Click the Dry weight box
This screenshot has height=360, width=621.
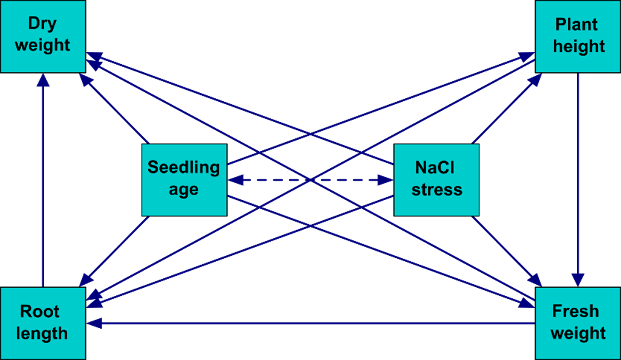pos(43,36)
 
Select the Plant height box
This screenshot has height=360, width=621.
pos(578,36)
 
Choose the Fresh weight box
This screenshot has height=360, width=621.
pos(578,323)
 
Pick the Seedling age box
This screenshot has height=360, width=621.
pos(184,179)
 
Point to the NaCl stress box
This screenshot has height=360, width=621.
pos(436,179)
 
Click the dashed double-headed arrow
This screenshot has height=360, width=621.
pos(310,180)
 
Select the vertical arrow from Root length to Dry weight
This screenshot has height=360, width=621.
pos(43,178)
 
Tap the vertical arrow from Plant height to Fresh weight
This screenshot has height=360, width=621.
pos(578,178)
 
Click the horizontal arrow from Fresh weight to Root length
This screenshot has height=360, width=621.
pos(312,323)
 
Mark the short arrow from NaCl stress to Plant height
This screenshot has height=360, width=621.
pos(506,109)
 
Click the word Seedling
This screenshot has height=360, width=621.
pos(184,168)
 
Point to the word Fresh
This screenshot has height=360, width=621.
pos(575,311)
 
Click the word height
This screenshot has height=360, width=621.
pos(579,46)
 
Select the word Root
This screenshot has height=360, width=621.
pos(40,311)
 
